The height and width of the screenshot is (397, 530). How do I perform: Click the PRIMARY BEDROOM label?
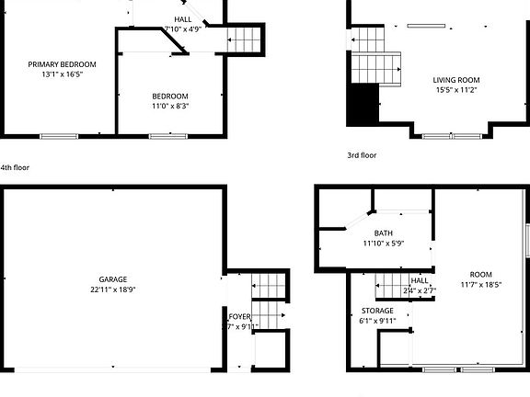point(62,64)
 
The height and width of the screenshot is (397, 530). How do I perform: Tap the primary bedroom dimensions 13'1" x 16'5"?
point(62,74)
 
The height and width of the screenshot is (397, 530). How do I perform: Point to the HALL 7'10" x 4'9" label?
point(183,24)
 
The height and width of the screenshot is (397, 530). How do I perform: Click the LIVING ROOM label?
point(456,80)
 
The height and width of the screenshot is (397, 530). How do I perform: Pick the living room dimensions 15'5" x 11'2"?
point(456,90)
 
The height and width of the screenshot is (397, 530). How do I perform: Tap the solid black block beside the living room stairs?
point(363,105)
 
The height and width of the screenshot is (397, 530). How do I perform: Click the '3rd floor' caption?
point(362,155)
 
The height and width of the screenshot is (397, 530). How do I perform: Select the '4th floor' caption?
point(16,168)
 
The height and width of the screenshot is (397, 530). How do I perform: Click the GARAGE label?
point(113,279)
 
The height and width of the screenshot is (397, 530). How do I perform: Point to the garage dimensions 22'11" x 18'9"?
point(113,289)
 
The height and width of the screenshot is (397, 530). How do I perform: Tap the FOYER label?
point(240,316)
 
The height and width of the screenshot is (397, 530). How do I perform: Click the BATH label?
point(383,233)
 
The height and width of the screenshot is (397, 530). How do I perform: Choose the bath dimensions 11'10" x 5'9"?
point(383,244)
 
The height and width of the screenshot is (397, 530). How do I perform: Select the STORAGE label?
point(377,311)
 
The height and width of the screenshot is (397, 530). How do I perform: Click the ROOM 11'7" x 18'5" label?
point(480,279)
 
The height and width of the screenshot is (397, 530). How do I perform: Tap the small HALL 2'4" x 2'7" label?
point(420,286)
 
